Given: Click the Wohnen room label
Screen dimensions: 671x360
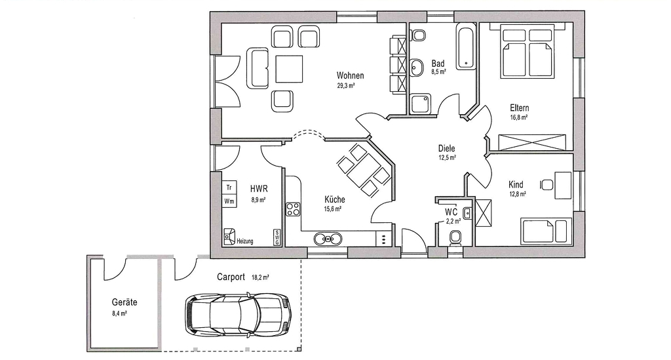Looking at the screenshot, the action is click(350, 76).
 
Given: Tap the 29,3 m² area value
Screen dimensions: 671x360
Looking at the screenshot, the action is click(346, 86).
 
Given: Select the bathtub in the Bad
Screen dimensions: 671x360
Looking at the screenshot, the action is click(466, 47).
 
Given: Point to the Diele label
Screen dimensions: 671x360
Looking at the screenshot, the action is click(446, 149).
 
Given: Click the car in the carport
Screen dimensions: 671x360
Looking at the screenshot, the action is click(239, 314).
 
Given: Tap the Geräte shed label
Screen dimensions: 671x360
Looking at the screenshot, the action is click(124, 302).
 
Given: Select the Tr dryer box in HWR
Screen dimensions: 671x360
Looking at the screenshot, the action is click(229, 188).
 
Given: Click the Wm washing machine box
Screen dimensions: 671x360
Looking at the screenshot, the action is click(229, 201).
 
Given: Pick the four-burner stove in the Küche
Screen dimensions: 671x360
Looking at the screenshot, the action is click(293, 209).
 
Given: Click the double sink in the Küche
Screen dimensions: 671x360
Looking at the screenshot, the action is click(328, 239).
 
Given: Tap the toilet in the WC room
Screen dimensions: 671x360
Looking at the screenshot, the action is click(455, 237).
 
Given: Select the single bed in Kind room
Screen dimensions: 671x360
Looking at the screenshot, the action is click(546, 231).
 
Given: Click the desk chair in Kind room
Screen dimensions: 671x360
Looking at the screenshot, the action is click(546, 185).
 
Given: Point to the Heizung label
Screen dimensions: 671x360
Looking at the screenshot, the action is click(245, 241).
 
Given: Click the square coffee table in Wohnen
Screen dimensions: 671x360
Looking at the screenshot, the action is click(289, 69).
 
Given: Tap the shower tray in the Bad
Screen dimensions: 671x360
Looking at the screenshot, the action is click(421, 104).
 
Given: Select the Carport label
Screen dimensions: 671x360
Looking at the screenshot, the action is click(231, 277).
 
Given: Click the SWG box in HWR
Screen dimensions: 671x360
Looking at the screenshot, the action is click(277, 237).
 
